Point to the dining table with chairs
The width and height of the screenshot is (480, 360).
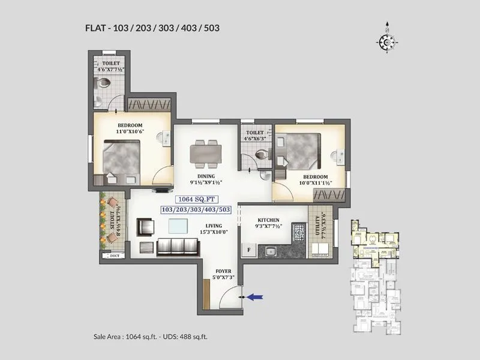pyautogui.click(x=204, y=153)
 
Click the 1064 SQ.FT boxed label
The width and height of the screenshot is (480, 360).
pyautogui.click(x=196, y=199)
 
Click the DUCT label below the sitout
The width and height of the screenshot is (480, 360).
pyautogui.click(x=115, y=256)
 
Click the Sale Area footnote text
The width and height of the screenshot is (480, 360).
pyautogui.click(x=151, y=337)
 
